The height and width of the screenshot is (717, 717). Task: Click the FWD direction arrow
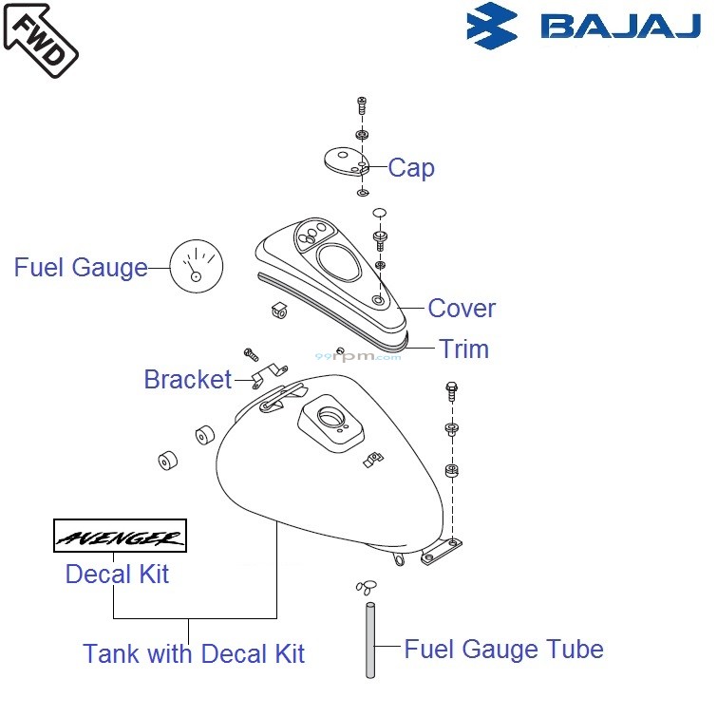[x=39, y=40]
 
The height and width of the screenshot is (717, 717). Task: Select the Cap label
[x=411, y=168]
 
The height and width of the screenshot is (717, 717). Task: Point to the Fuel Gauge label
[x=81, y=268]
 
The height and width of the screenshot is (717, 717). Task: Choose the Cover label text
[x=462, y=309]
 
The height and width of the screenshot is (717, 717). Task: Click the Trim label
[x=463, y=349]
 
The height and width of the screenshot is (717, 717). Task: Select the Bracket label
[x=187, y=380]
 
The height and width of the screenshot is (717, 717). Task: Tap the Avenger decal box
[x=120, y=537]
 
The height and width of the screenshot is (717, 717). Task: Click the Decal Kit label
[x=117, y=575]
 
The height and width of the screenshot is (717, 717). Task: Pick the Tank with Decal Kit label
[x=194, y=653]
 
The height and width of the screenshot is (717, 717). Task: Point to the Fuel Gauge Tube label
[x=503, y=650]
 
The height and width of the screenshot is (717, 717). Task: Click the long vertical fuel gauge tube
[x=370, y=636]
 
